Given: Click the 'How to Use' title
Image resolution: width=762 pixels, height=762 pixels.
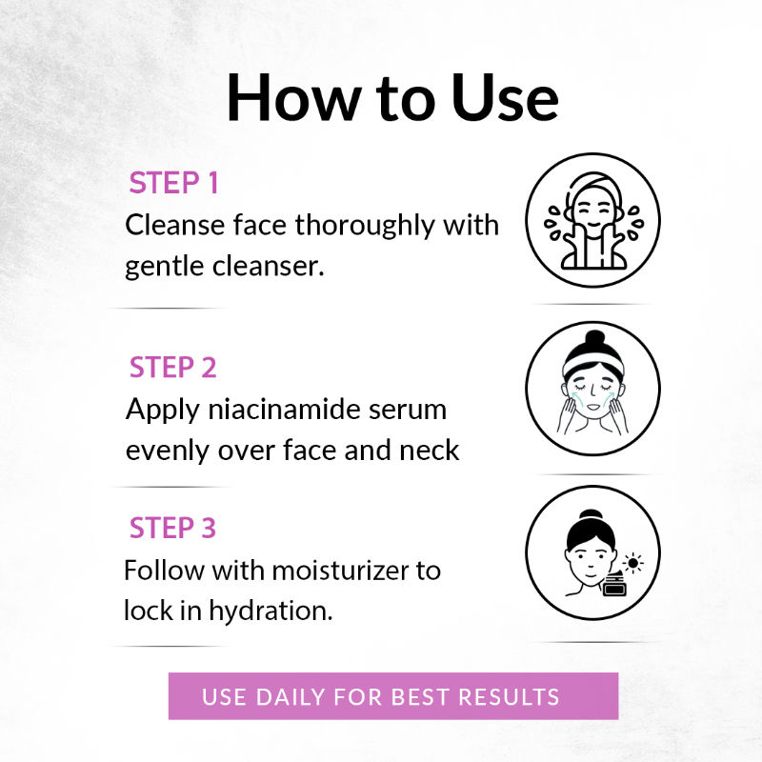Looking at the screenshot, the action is coord(392,98).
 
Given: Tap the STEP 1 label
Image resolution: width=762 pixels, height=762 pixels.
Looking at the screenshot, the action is coord(173,183).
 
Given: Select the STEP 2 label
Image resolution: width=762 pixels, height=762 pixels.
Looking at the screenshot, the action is coord(173,367).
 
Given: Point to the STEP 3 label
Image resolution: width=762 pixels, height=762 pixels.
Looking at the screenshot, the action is coord(172,528).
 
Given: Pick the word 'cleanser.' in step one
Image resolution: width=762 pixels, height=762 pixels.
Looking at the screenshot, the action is coord(269,266).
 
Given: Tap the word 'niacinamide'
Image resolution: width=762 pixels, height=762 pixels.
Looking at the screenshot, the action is coord(284,410).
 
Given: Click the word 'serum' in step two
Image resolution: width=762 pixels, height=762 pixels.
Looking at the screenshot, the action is coord(408,411).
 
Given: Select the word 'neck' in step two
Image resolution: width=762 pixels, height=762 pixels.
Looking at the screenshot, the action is coord(430,450).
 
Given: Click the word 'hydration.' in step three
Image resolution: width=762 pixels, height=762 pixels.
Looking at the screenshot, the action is coord(271,612).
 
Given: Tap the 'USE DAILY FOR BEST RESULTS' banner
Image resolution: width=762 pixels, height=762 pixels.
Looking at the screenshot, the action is coord(393,696).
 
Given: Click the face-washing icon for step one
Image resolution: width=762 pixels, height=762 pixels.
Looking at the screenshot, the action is coord(592,221).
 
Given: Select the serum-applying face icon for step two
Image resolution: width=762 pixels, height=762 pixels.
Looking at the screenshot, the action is coord(592,389).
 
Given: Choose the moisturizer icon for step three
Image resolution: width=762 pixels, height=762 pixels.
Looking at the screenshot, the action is coord(592,552).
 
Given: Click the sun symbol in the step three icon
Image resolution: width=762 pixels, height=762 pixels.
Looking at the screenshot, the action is coord(632,563).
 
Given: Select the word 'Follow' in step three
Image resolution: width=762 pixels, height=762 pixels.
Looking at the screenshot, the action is coord(164,570).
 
